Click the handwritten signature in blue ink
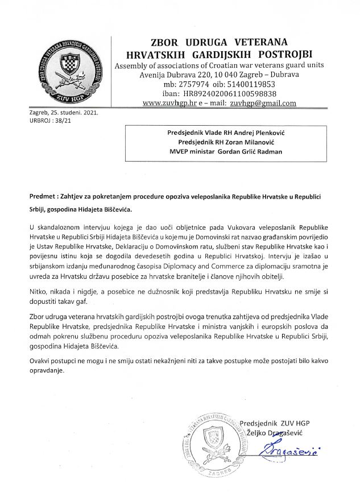[284, 454]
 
